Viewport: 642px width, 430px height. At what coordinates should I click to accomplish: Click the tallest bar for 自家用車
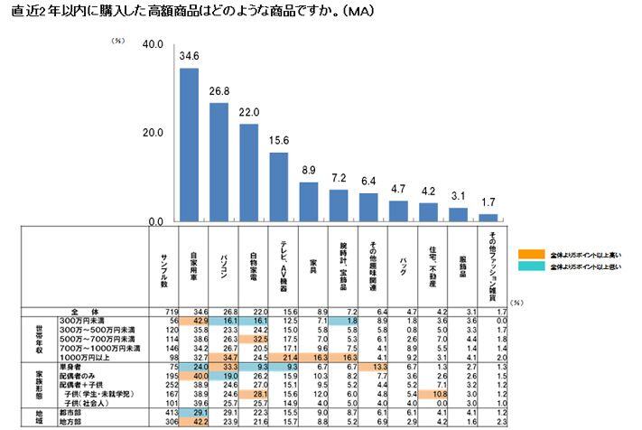tap(189, 145)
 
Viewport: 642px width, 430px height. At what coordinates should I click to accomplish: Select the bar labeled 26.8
tap(219, 163)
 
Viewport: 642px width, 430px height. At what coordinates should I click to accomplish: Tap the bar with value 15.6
tap(279, 186)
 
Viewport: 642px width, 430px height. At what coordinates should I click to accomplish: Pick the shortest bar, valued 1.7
tap(488, 218)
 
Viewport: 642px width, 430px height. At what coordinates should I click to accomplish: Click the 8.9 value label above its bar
tap(309, 171)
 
